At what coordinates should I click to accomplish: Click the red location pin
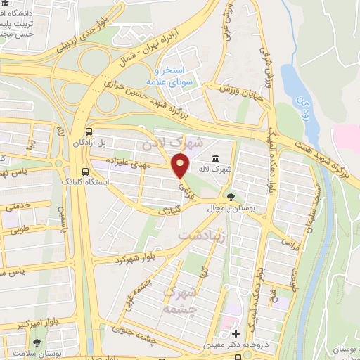pyautogui.click(x=181, y=165)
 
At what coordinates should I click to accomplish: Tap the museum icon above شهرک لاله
pyautogui.click(x=214, y=160)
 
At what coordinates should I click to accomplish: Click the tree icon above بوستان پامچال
pyautogui.click(x=230, y=196)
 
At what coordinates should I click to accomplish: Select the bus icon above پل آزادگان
pyautogui.click(x=89, y=131)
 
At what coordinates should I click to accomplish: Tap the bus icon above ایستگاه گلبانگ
pyautogui.click(x=86, y=170)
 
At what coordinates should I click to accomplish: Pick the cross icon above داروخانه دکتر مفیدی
pyautogui.click(x=236, y=333)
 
